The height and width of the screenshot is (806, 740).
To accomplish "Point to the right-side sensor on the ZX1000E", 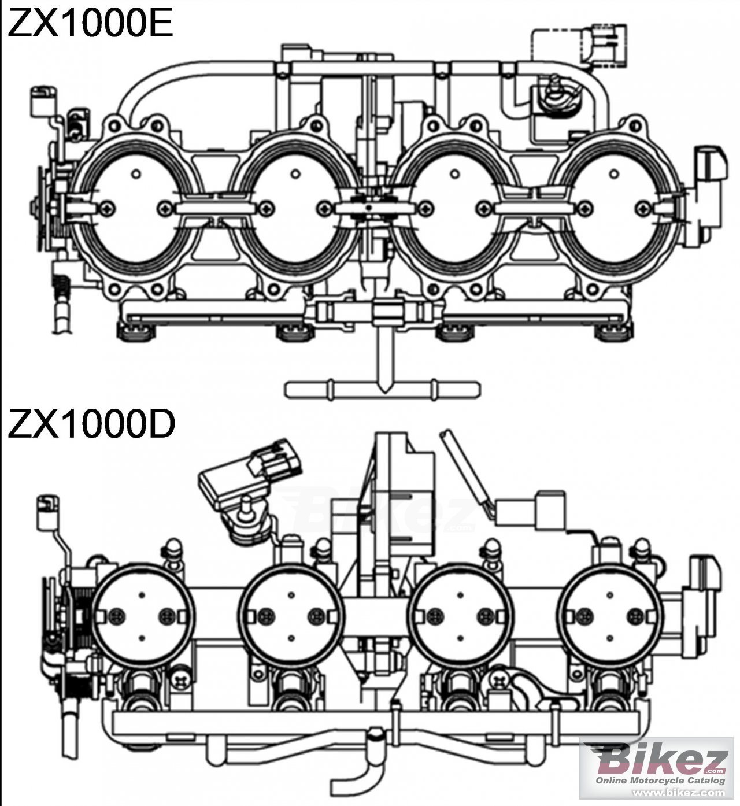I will click(708, 191).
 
